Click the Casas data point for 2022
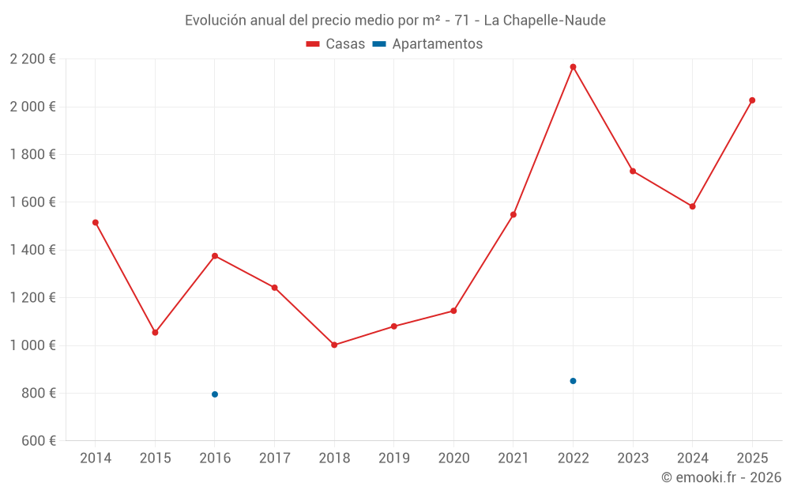coord(573,67)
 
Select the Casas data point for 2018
coord(334,345)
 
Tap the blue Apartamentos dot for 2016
coord(215,394)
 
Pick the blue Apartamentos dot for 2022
coord(573,381)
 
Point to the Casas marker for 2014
coord(96,223)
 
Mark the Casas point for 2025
coord(752,100)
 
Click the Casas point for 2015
coord(155,333)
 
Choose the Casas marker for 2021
coord(513,214)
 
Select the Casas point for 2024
coord(692,206)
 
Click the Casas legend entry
coord(336,44)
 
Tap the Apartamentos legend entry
coord(427,44)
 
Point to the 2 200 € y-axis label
coord(32,59)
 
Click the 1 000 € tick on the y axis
coord(32,345)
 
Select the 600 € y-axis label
coord(38,441)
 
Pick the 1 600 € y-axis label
coord(32,202)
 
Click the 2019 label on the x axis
coord(393,458)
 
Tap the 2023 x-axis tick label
coord(632,458)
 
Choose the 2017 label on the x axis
coord(274,458)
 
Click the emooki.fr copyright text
coord(720,477)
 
